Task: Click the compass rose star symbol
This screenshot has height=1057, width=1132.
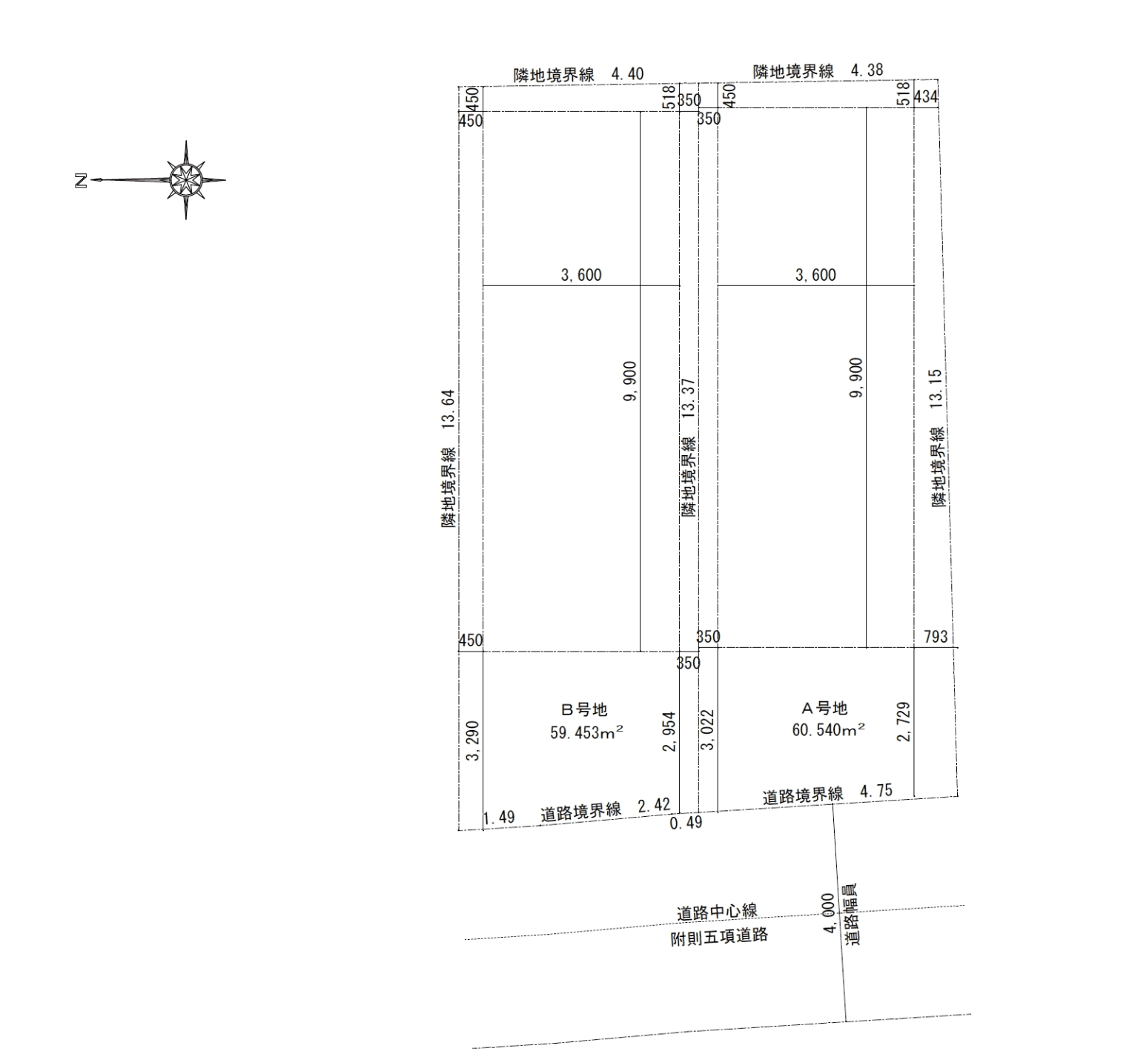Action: (185, 179)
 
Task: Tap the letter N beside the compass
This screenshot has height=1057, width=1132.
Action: (81, 180)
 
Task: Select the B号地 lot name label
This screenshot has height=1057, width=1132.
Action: (586, 709)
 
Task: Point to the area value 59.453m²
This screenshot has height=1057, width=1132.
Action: (586, 732)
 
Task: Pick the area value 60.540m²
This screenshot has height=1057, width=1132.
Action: (828, 730)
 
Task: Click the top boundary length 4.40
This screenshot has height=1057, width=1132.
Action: (627, 74)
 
